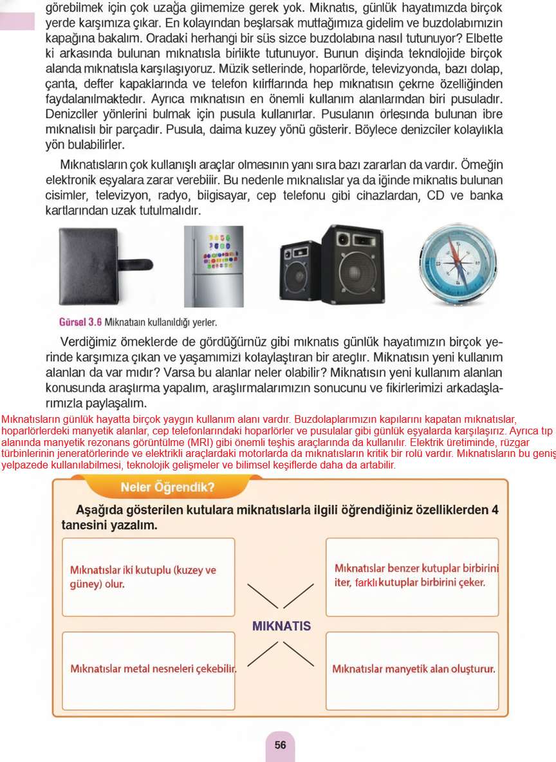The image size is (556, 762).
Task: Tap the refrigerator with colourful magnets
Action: pos(214,266)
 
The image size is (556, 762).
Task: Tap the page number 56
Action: pos(280,745)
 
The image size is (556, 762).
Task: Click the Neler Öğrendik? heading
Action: pos(167,487)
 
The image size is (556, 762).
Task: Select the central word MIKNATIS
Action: pos(281,626)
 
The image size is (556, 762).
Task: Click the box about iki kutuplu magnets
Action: pos(148,577)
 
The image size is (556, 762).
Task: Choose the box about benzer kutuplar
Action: pos(412,577)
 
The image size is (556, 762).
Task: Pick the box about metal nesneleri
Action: pos(148,670)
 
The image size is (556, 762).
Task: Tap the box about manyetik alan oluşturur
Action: pos(412,670)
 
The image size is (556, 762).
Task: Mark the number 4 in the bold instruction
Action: pos(494,510)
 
